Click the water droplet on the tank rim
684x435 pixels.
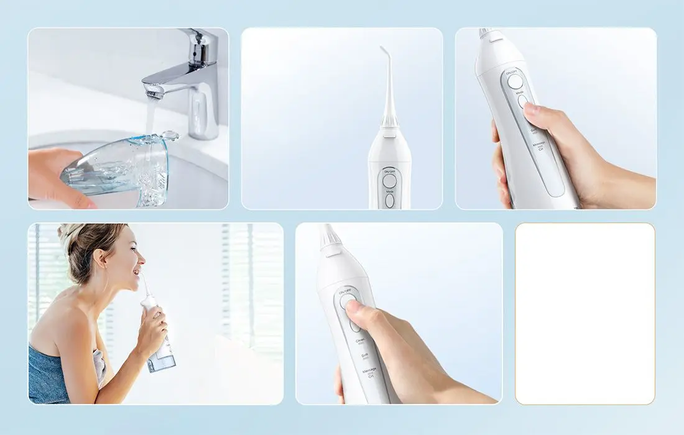click(x=169, y=135)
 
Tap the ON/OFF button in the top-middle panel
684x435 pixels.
click(x=390, y=181)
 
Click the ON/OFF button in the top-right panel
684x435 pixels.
click(x=515, y=81)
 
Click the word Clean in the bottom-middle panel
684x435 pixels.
click(x=360, y=341)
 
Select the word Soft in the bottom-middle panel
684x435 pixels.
click(x=364, y=357)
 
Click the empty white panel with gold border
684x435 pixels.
click(x=585, y=314)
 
